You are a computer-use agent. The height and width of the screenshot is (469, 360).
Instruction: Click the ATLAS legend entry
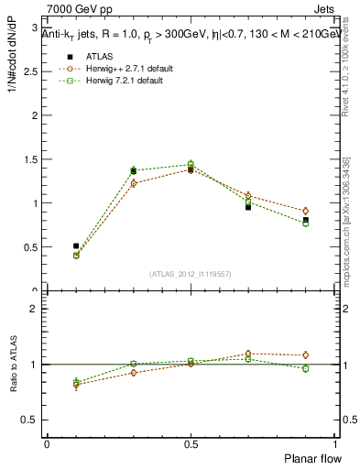coord(99,55)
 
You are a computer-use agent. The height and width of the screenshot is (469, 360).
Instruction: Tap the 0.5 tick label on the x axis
coord(190,443)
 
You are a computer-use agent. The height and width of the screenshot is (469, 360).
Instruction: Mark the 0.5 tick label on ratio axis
coord(30,420)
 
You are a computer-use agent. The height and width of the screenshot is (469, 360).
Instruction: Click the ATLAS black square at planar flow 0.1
coord(76,245)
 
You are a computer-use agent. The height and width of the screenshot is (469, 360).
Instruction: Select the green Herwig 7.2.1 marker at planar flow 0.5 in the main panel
coord(191,164)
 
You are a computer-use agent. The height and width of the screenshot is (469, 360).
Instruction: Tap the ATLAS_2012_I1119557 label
coord(191,274)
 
